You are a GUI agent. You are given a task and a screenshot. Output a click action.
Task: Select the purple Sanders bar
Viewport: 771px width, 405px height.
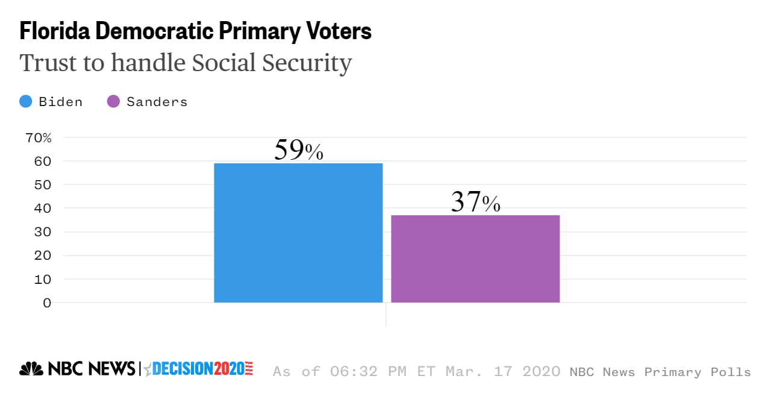click(475, 259)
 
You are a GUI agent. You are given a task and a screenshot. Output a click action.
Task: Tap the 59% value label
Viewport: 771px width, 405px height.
click(298, 151)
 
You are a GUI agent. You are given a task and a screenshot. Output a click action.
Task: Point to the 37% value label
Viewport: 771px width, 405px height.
click(475, 202)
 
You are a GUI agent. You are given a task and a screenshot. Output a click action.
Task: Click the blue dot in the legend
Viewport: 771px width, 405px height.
click(26, 102)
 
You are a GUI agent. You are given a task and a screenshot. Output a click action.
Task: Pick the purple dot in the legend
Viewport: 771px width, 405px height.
click(113, 102)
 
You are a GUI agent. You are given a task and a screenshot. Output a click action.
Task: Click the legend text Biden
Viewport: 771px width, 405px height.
click(60, 102)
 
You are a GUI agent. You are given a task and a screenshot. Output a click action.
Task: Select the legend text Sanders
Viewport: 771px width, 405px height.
click(157, 102)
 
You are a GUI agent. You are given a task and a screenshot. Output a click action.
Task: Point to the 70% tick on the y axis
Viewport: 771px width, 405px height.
click(39, 137)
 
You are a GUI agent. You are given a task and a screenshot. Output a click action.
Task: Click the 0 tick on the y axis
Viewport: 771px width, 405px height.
click(47, 303)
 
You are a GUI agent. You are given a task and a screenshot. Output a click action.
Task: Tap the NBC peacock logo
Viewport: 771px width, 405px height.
click(31, 369)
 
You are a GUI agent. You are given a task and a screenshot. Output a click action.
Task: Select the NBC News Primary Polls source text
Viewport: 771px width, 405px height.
click(660, 372)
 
